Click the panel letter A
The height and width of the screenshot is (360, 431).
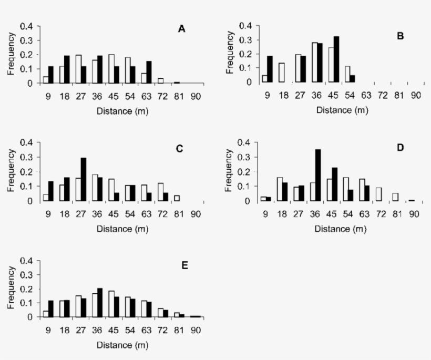(181, 29)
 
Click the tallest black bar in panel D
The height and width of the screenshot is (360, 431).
(317, 175)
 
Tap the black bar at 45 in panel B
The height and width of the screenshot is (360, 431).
(336, 59)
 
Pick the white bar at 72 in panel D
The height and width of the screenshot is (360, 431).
(379, 194)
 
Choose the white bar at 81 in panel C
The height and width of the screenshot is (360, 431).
(177, 198)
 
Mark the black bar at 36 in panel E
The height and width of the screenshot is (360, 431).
(100, 303)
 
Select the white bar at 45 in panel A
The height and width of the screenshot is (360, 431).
(111, 69)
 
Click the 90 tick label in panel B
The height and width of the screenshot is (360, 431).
(415, 95)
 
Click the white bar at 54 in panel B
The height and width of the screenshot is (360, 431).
(347, 74)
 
